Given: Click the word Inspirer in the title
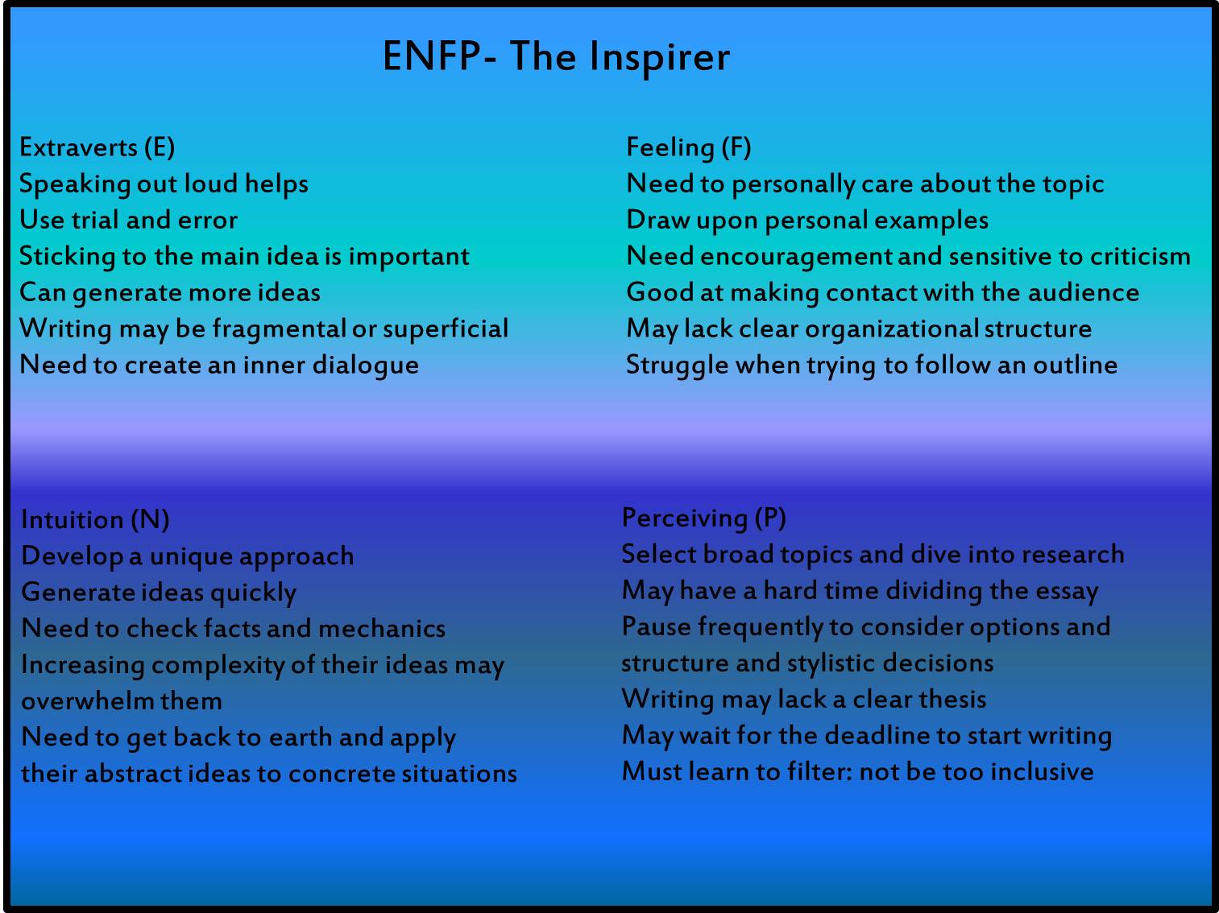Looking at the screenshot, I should pyautogui.click(x=659, y=57).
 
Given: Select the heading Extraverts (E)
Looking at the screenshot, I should pyautogui.click(x=97, y=147).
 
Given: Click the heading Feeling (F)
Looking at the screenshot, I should pyautogui.click(x=689, y=147).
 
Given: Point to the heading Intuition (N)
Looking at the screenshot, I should pyautogui.click(x=95, y=519).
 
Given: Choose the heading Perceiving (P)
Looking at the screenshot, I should pyautogui.click(x=704, y=518).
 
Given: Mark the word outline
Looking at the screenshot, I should pyautogui.click(x=1075, y=365).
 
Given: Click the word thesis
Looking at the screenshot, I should pyautogui.click(x=952, y=699).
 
